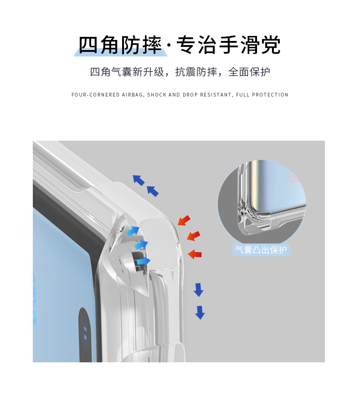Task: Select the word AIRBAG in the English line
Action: click(133, 95)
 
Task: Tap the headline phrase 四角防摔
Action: click(120, 45)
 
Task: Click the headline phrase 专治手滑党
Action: click(228, 45)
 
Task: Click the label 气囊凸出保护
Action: click(261, 250)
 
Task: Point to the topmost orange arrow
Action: click(184, 220)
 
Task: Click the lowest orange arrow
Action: click(195, 254)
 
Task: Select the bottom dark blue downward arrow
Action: click(200, 312)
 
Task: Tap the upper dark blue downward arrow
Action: click(198, 289)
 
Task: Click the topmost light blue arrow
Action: click(133, 231)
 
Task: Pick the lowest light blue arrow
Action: click(143, 261)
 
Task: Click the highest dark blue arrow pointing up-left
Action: click(138, 180)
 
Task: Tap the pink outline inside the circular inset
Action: click(294, 179)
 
